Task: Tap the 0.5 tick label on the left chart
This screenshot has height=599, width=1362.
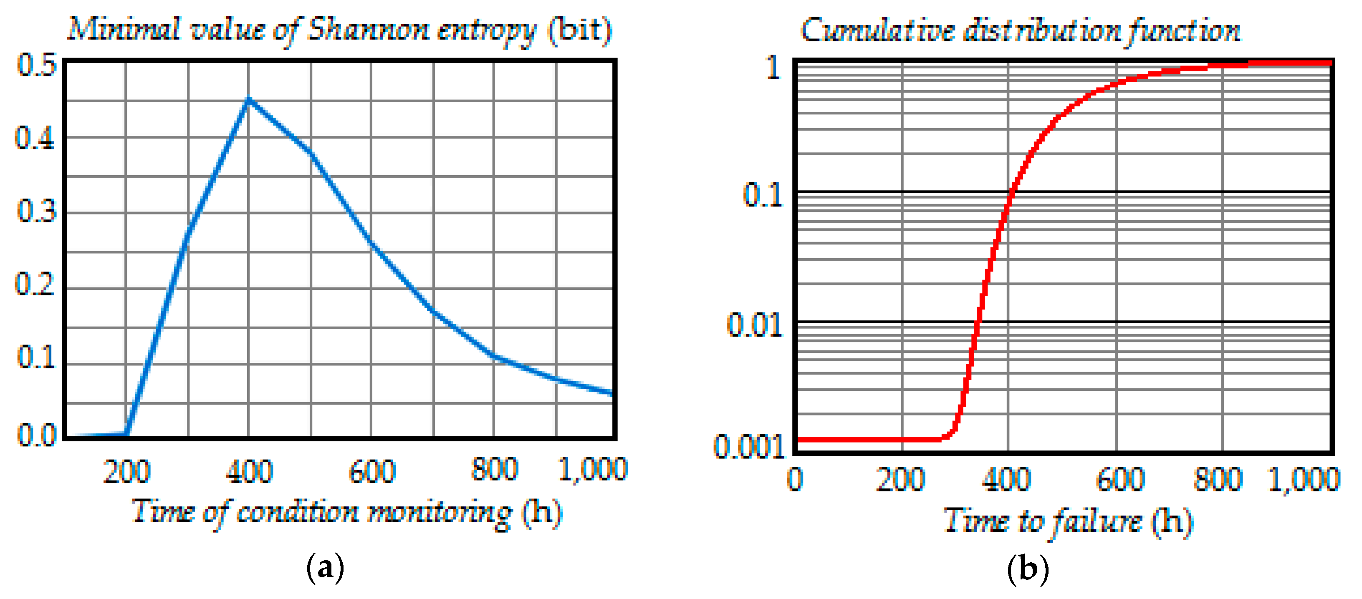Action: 36,65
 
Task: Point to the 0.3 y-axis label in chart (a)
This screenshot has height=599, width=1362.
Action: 36,211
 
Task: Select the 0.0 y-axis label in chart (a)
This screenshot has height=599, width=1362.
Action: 36,436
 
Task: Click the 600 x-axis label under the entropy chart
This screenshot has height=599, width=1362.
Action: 372,472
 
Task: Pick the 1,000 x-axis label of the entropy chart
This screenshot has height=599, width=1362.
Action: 592,469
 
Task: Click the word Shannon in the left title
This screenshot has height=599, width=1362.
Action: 368,30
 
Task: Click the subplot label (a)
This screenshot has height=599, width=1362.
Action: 325,569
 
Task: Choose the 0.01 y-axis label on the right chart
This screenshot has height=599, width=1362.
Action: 755,325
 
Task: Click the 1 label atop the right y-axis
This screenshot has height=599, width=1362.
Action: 773,68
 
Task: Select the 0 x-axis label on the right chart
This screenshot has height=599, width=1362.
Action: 795,479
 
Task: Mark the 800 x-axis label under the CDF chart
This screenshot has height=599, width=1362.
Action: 1218,479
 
